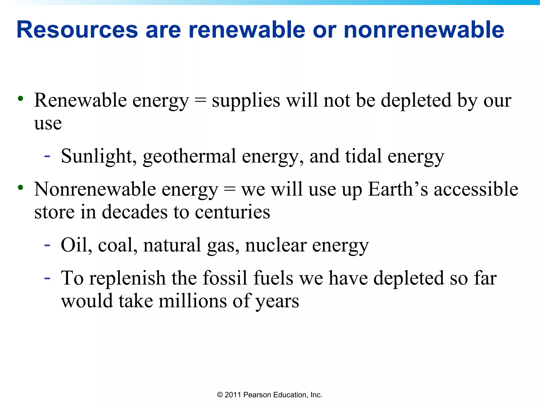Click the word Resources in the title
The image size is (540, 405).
point(77,30)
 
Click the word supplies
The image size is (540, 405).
point(246,101)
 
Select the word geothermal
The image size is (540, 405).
point(189,157)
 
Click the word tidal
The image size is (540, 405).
point(363,156)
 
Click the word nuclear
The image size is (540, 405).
point(276,245)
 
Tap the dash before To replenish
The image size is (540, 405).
point(47,278)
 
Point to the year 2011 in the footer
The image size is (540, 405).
point(233,395)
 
